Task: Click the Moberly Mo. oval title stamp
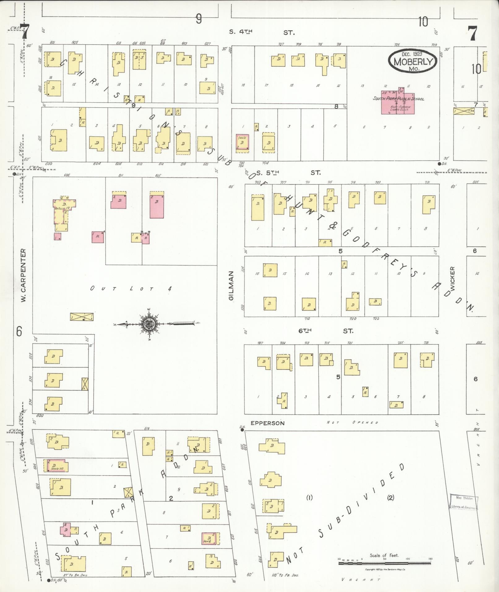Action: coord(413,61)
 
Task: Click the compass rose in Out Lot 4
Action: coord(149,324)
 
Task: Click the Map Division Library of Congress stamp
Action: coord(464,502)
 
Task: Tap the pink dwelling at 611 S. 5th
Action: coord(118,201)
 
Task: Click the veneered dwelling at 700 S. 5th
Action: coord(243,142)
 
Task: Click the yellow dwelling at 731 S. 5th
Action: coord(429,204)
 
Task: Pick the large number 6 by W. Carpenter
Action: coord(19,332)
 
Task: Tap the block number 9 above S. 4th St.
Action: coord(199,19)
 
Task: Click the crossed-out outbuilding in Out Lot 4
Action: coord(82,316)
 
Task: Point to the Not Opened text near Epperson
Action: coord(353,422)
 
